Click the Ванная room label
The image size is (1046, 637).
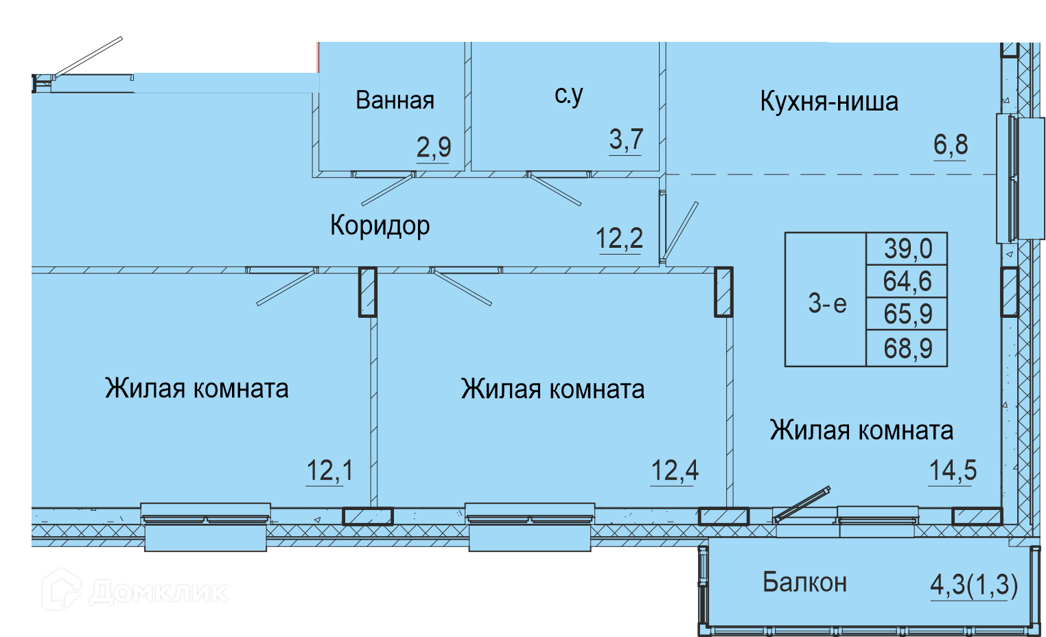pos(395,100)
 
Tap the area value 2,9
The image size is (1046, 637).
pos(434,147)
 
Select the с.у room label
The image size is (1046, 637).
pos(569,95)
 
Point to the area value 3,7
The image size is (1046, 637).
pos(626,139)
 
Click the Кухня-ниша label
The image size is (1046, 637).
pos(829,102)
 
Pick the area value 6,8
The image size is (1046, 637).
pos(951,145)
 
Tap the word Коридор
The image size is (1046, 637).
pos(380,226)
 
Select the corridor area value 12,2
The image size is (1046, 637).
pos(620,238)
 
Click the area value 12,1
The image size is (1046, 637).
pos(329,470)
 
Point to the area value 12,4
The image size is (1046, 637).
pos(675,470)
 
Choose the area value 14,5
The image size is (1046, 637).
pos(953,470)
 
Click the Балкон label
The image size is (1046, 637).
pos(804,582)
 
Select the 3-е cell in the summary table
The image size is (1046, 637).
pos(827,304)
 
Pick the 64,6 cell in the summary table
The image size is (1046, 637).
pos(907,281)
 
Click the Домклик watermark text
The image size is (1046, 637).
pos(159,592)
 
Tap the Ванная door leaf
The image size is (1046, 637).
pos(388,189)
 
